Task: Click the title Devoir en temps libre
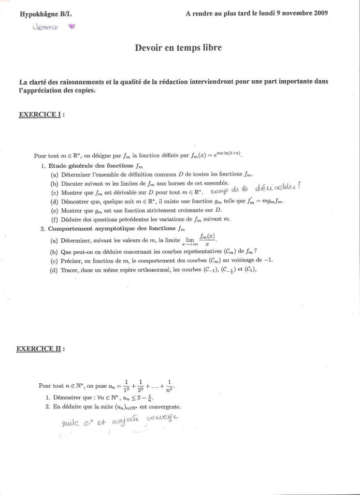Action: point(179,47)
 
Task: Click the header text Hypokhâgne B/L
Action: point(45,15)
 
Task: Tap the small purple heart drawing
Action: point(72,27)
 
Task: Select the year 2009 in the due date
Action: point(320,14)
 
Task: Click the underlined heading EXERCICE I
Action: point(41,115)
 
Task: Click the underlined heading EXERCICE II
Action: point(41,348)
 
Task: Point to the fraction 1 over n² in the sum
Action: point(169,386)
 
